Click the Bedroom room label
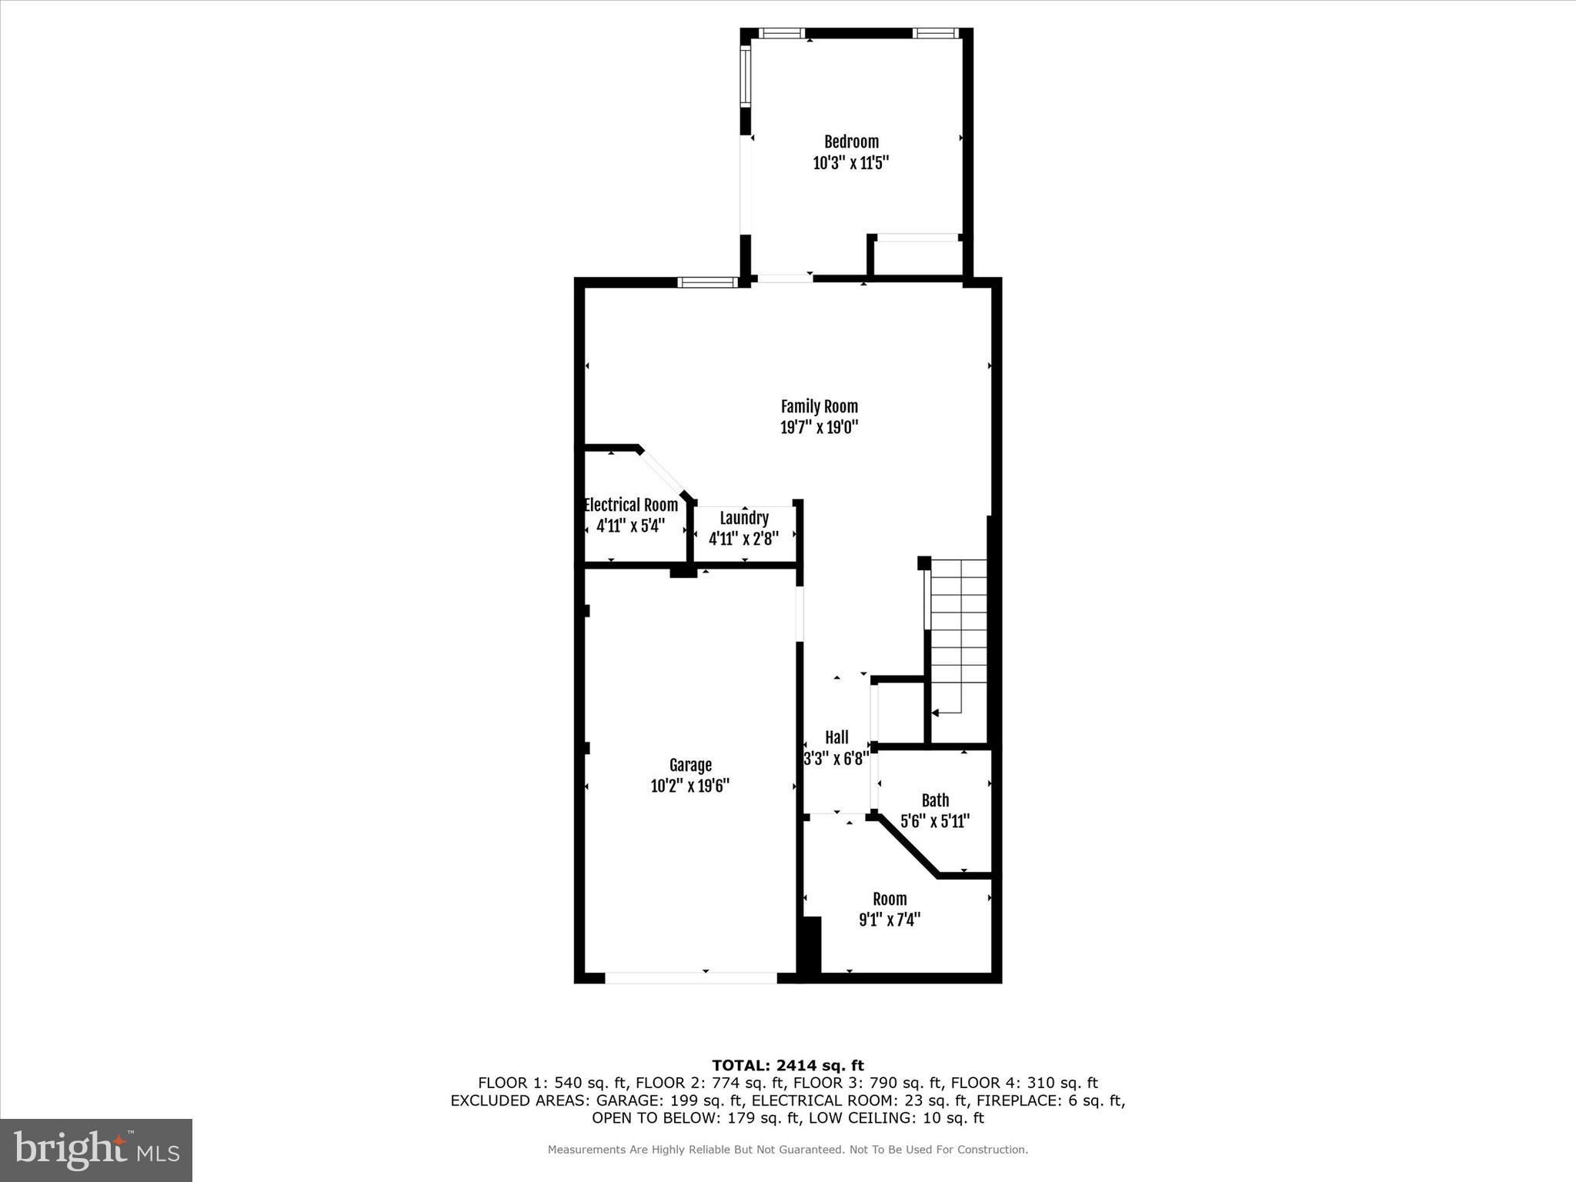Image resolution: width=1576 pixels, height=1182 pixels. point(851,142)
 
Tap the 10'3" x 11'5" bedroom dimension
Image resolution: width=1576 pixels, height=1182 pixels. point(851,163)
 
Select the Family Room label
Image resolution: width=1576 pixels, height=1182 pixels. point(819,406)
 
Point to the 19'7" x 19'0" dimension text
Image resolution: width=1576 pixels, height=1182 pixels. point(819,427)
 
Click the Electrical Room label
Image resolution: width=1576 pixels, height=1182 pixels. point(631,505)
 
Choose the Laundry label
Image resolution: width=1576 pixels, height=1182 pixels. point(744,518)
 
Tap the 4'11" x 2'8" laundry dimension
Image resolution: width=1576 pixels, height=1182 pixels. point(743,539)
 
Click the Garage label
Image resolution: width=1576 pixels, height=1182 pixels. point(690,765)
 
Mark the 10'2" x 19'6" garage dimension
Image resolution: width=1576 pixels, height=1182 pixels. point(690,786)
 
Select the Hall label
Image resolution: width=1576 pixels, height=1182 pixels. point(836,737)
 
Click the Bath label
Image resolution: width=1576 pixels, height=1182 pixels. point(935,800)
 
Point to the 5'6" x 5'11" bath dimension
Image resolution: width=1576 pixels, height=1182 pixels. point(935,821)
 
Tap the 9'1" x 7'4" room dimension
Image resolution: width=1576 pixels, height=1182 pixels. point(890,920)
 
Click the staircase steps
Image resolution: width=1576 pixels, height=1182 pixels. point(958,631)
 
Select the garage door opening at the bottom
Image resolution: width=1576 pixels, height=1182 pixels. point(690,978)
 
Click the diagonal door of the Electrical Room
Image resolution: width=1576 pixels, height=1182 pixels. point(663,473)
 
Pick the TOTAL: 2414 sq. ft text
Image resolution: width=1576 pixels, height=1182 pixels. point(787,1065)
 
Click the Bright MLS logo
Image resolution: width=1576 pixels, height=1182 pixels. point(96,1150)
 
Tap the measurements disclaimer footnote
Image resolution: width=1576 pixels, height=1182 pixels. point(787,1150)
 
